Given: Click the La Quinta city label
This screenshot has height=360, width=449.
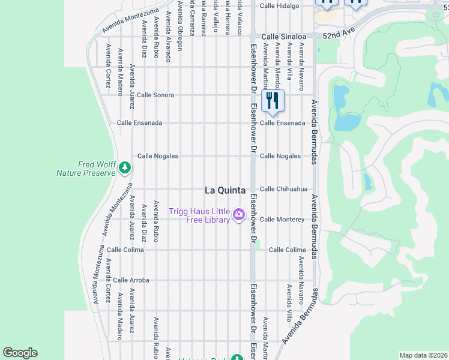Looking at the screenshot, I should (x=225, y=190).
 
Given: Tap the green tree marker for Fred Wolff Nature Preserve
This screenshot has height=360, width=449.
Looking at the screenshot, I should (x=125, y=167).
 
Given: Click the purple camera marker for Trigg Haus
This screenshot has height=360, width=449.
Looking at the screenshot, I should (x=239, y=214).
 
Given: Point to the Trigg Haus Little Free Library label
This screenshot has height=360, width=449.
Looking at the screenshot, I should (x=199, y=215).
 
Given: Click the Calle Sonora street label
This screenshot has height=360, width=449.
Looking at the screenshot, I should (x=155, y=95).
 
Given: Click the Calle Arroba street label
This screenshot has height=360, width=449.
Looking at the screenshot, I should (x=131, y=280).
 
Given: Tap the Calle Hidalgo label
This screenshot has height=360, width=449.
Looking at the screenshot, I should (x=279, y=6).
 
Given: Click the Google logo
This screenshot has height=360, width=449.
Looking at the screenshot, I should (x=20, y=353).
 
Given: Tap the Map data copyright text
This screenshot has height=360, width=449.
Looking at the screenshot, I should (x=423, y=355).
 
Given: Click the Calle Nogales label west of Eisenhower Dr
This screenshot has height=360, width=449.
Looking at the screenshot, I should (x=158, y=156).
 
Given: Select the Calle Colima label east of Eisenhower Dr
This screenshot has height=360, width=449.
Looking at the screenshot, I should (x=287, y=250).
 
